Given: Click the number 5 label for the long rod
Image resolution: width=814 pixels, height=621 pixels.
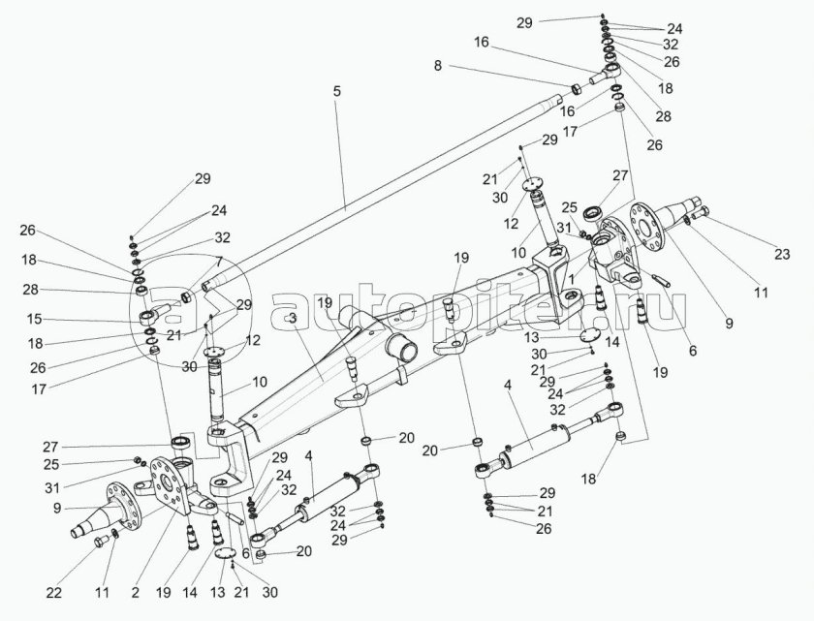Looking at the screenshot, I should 336,91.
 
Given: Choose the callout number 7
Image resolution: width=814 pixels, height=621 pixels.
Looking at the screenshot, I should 219,262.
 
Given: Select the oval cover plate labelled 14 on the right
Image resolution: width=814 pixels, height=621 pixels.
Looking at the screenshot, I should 586,335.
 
